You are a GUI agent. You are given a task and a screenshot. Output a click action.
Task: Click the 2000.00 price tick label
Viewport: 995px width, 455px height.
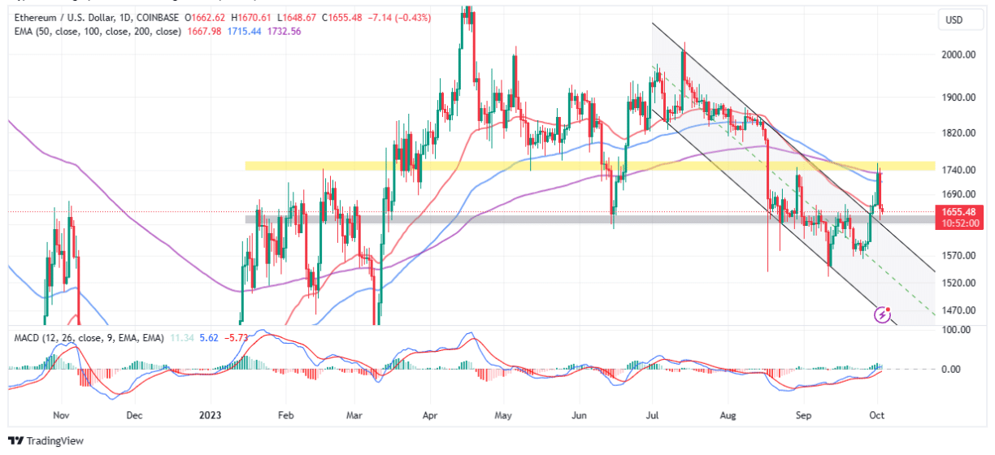pyautogui.click(x=958, y=54)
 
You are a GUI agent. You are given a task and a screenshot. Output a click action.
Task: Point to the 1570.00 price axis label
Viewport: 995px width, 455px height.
pyautogui.click(x=958, y=255)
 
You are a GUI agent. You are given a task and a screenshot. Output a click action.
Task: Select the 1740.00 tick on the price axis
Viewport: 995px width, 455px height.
pyautogui.click(x=958, y=169)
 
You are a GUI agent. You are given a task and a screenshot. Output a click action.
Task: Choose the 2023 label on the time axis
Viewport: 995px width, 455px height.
pyautogui.click(x=210, y=414)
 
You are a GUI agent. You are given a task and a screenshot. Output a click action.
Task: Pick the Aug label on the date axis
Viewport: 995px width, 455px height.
pyautogui.click(x=728, y=414)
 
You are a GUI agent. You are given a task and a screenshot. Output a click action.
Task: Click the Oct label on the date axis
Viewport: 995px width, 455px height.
pyautogui.click(x=876, y=414)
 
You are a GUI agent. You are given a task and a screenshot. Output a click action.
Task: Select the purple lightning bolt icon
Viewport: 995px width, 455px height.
pyautogui.click(x=883, y=314)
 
